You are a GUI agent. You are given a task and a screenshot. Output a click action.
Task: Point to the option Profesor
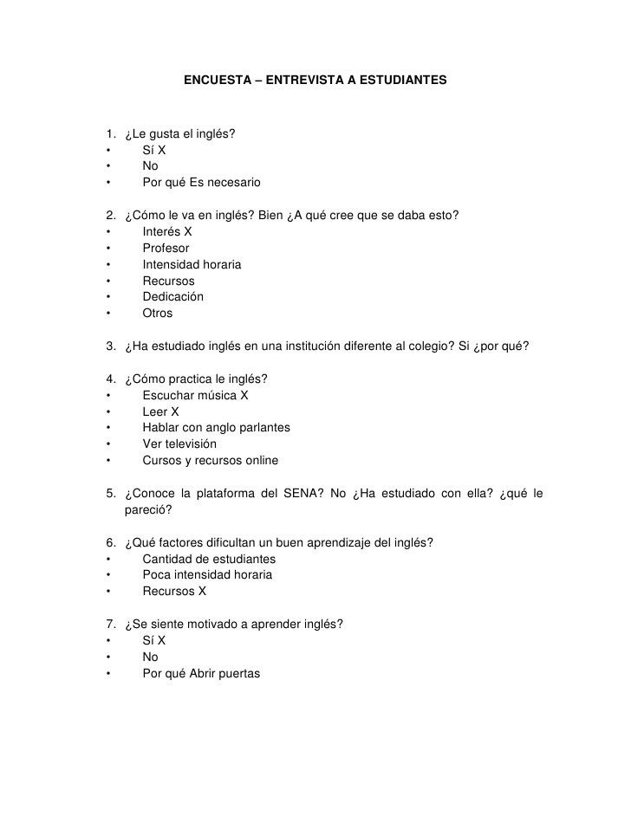click(x=166, y=249)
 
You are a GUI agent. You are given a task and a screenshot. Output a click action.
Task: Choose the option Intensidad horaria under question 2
click(x=192, y=264)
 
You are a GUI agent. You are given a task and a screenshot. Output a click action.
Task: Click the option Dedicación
click(x=173, y=297)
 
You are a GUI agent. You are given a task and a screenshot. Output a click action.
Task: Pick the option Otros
click(x=158, y=314)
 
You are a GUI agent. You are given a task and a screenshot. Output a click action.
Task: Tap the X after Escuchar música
click(x=244, y=396)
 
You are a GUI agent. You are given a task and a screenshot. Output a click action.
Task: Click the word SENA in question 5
click(x=301, y=494)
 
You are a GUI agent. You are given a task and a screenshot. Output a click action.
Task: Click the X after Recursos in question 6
click(x=202, y=592)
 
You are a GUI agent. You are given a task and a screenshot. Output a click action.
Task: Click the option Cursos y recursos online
click(x=211, y=461)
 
